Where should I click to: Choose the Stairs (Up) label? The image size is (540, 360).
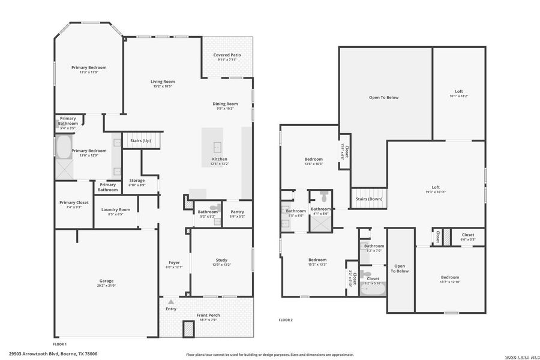click(140, 140)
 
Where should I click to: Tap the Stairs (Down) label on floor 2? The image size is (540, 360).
click(369, 199)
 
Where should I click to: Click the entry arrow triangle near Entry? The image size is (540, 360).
click(171, 302)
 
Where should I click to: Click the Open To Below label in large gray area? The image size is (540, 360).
click(383, 97)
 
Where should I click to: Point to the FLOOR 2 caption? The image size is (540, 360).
click(286, 320)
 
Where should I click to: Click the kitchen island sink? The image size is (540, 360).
click(217, 146)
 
